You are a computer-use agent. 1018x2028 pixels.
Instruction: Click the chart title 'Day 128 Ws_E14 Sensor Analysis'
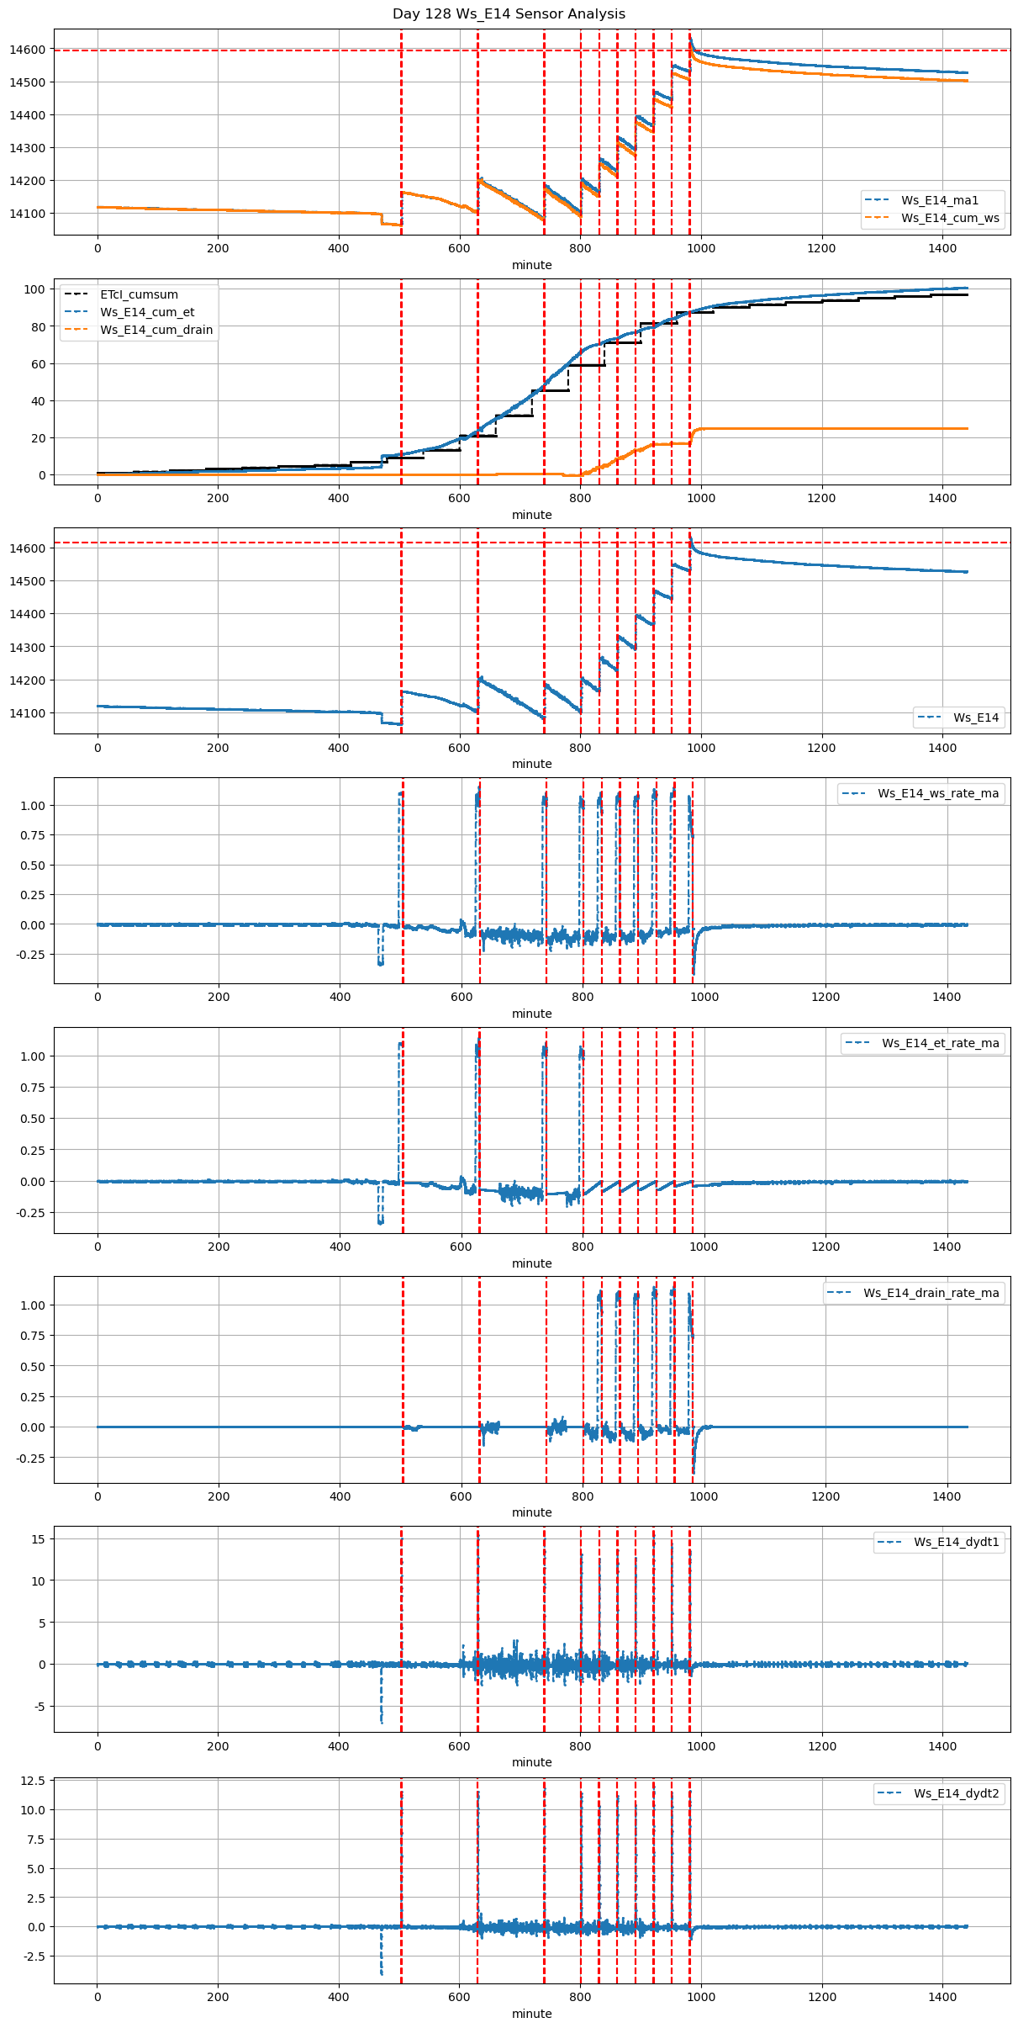509,13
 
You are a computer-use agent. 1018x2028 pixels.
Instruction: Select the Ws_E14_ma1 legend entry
940,200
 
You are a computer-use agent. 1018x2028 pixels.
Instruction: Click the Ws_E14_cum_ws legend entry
950,218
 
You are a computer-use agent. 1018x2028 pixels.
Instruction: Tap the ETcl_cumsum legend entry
139,294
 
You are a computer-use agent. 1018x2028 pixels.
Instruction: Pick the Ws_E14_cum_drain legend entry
156,330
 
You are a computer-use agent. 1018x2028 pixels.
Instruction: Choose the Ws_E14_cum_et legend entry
147,312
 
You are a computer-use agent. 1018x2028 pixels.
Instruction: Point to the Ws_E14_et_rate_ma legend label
941,1043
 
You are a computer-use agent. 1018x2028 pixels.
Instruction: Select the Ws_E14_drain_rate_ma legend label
931,1293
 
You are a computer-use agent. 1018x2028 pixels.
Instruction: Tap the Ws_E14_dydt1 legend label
957,1542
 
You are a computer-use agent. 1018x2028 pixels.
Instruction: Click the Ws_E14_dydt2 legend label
957,1793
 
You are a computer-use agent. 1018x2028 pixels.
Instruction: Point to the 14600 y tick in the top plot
28,50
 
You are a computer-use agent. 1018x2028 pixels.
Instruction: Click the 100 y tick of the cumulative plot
34,289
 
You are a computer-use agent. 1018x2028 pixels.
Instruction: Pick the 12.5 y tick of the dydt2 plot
34,1781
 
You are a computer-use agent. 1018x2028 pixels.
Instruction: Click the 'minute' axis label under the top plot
532,265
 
